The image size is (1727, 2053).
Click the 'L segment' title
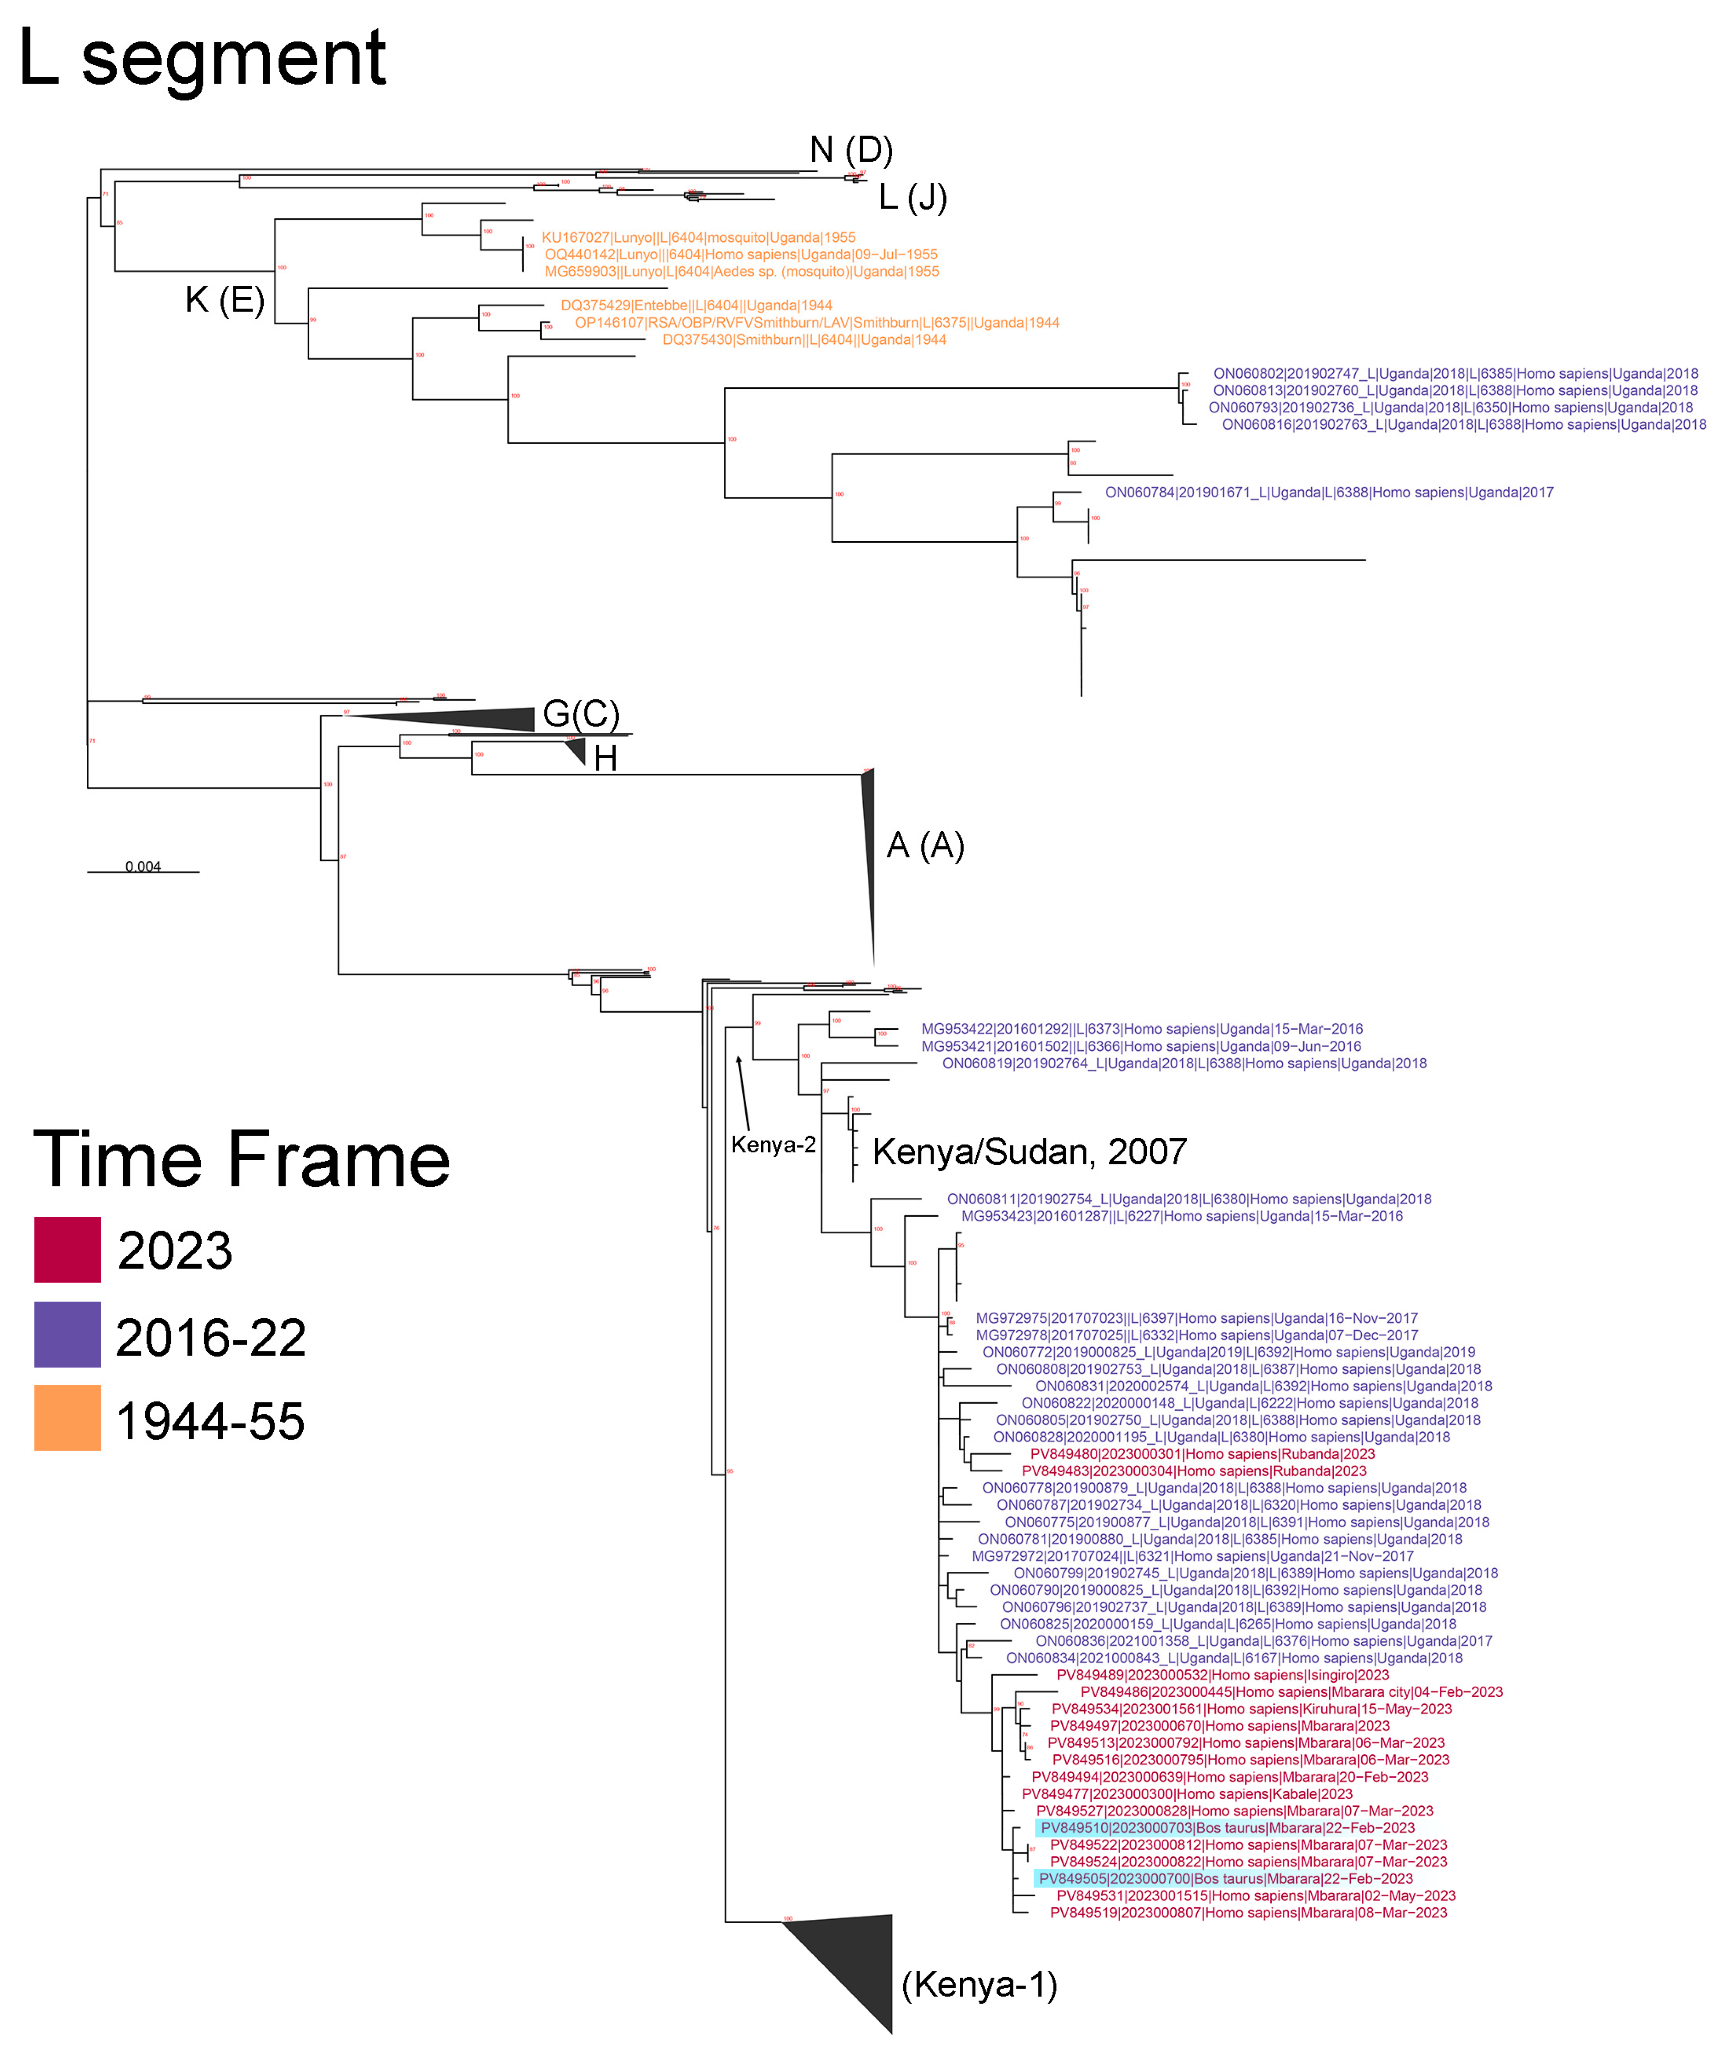click(203, 59)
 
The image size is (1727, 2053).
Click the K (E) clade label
click(224, 300)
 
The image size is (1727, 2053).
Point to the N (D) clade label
click(851, 150)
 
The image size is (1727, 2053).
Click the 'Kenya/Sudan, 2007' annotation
click(1029, 1151)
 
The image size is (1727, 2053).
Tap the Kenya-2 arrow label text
click(772, 1145)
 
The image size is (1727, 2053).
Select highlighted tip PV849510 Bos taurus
click(1227, 1828)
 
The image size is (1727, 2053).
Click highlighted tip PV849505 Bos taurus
click(1225, 1879)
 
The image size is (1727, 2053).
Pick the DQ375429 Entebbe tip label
click(696, 306)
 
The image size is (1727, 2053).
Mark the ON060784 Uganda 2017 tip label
click(1329, 493)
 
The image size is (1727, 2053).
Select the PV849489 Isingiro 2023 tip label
click(1222, 1675)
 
